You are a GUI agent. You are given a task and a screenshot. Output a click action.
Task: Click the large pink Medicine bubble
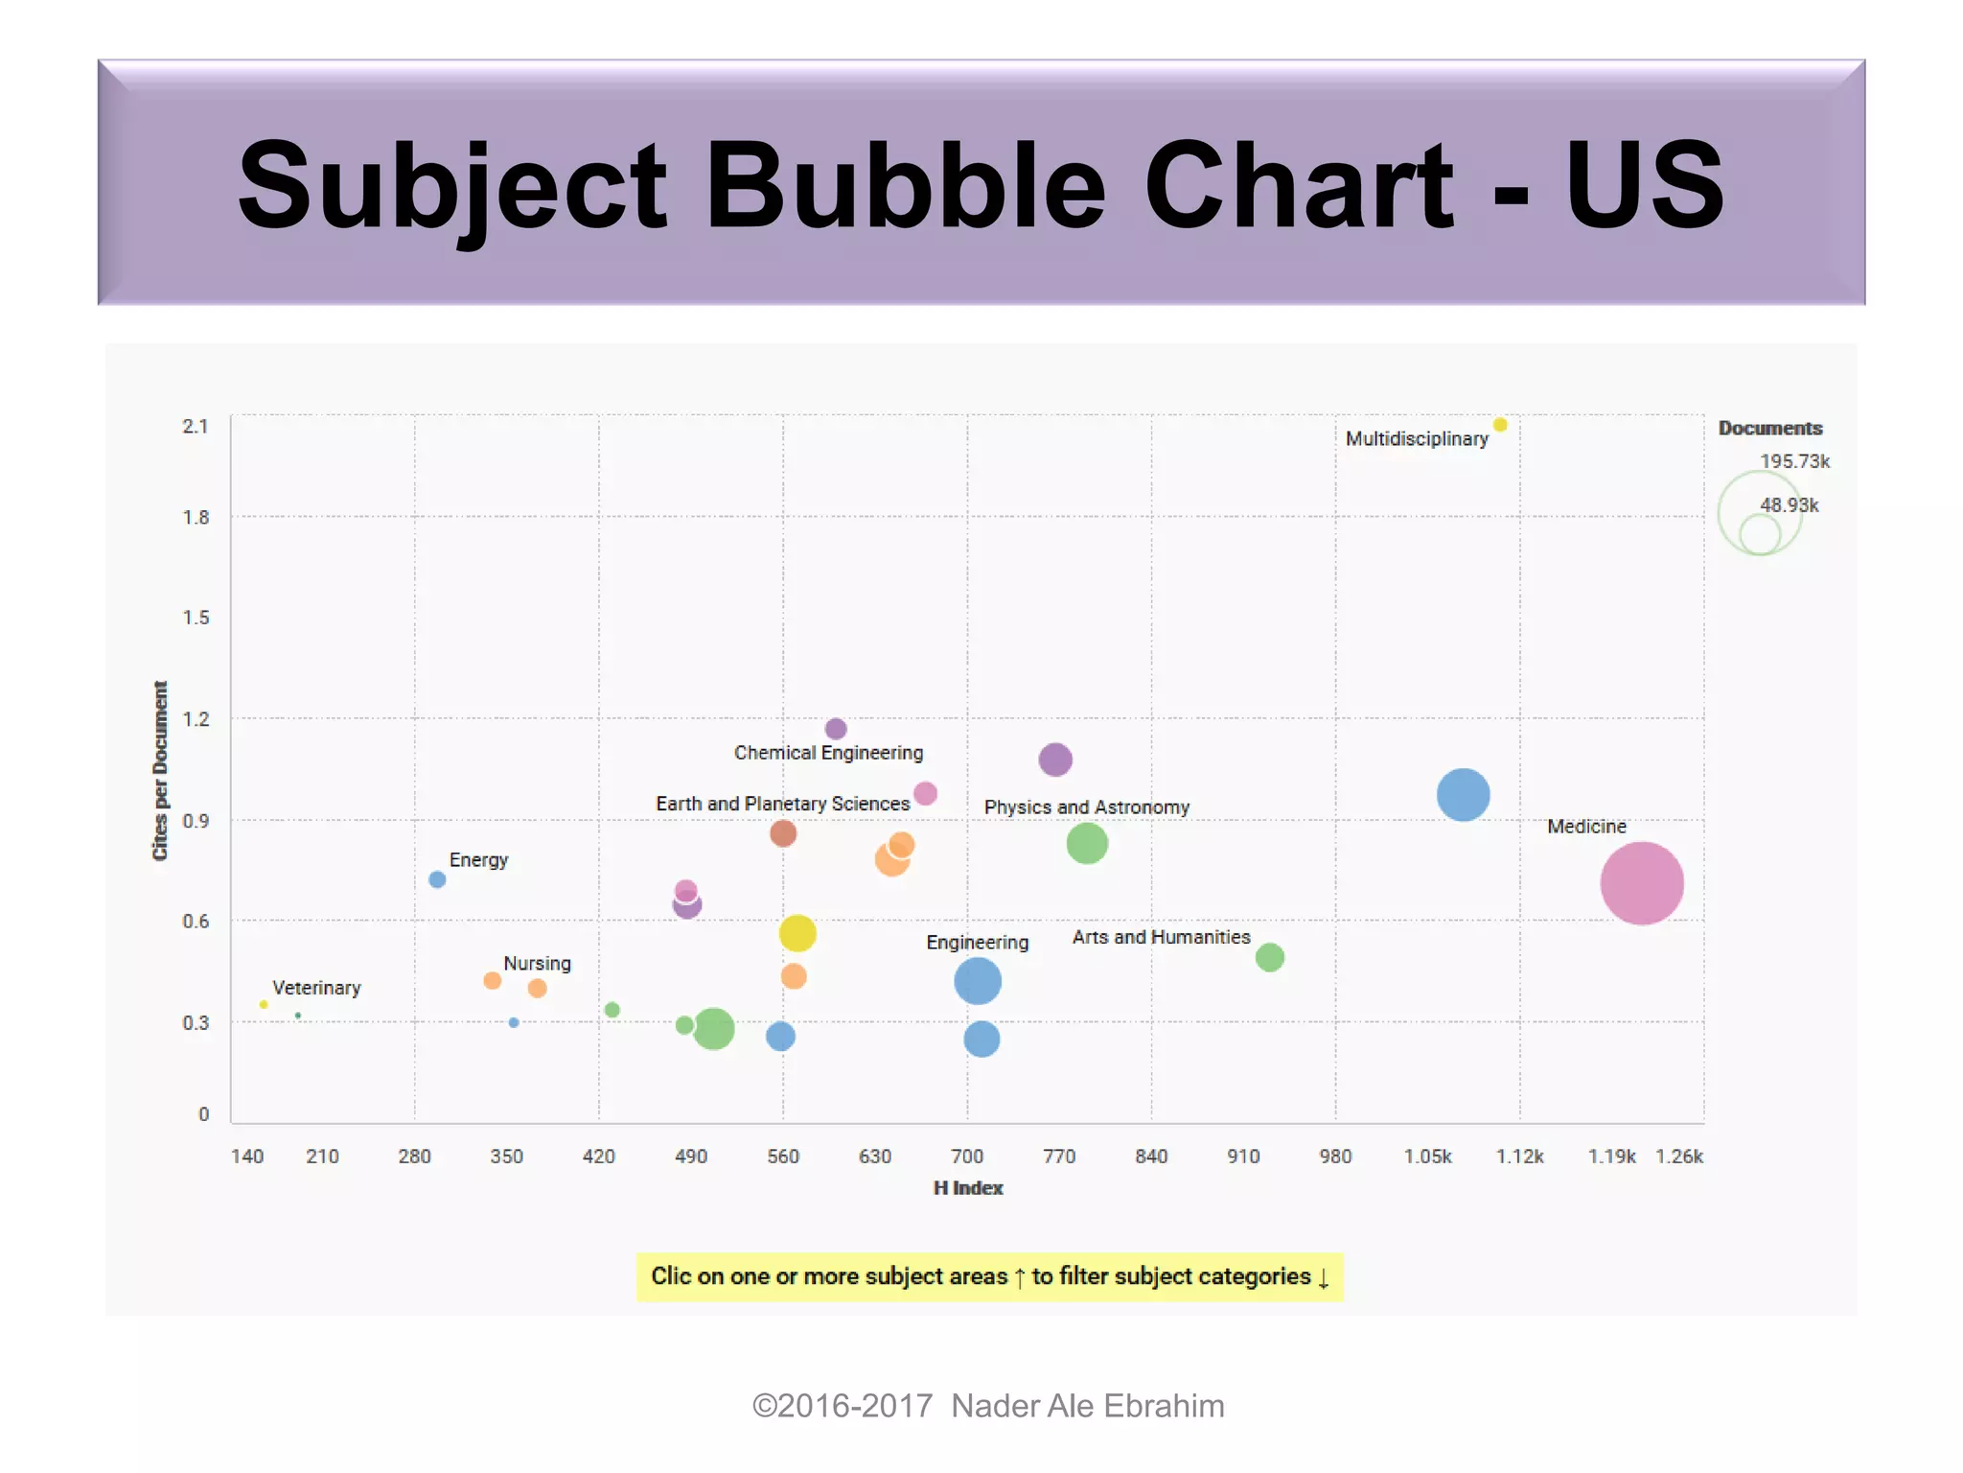click(x=1641, y=883)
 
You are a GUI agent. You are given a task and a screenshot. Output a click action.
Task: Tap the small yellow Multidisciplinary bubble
click(x=1500, y=425)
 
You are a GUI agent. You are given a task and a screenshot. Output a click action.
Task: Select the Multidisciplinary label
click(x=1417, y=439)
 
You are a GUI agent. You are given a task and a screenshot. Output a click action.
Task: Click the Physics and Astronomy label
click(x=1086, y=807)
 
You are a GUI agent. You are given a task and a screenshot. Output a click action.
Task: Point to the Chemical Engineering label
click(x=828, y=753)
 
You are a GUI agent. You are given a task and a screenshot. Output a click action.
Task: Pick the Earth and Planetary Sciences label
click(x=782, y=804)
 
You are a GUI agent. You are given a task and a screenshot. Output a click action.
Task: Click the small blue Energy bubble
click(x=437, y=879)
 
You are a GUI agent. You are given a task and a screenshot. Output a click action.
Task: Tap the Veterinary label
click(x=316, y=988)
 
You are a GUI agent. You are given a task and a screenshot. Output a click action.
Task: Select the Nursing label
click(x=537, y=964)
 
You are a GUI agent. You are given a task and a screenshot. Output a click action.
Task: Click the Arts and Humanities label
click(x=1161, y=937)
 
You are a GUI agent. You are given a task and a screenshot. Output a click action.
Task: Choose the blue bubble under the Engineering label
click(x=978, y=981)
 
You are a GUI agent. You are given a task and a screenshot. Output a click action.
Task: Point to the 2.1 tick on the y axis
click(x=196, y=426)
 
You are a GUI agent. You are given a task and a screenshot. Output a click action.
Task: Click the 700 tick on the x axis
click(x=967, y=1157)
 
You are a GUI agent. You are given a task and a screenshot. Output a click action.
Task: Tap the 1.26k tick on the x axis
click(x=1679, y=1157)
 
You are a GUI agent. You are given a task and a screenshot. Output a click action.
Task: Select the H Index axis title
click(x=968, y=1188)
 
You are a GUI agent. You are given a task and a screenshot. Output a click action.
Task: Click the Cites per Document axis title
click(x=160, y=770)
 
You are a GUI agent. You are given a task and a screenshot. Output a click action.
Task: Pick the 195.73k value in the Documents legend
click(x=1794, y=461)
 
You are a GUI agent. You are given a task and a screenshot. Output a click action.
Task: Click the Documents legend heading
click(x=1769, y=429)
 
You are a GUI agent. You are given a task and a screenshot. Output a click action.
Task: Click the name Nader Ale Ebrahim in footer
click(x=1087, y=1406)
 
